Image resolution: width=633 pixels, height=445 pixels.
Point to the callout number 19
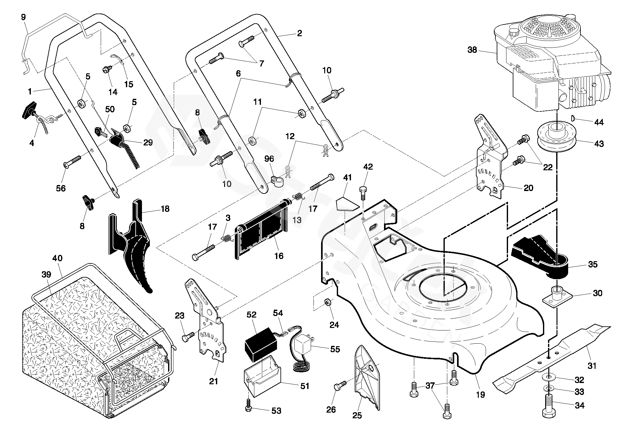click(480, 394)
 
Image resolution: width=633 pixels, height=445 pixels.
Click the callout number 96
click(269, 159)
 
